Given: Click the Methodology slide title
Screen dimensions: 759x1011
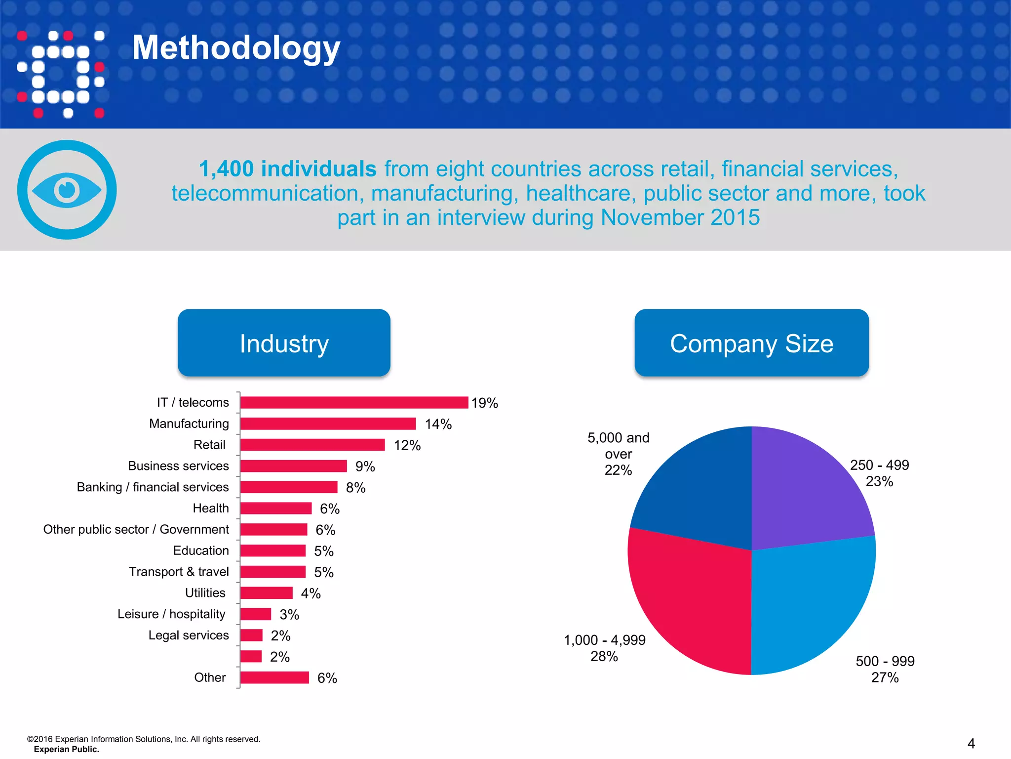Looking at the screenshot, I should (236, 48).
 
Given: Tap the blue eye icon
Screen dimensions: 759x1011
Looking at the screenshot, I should (67, 190).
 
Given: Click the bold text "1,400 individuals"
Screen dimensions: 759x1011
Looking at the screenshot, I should (288, 169).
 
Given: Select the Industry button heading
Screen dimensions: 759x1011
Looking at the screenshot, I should (284, 343).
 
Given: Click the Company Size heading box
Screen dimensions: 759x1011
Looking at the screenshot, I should (751, 343).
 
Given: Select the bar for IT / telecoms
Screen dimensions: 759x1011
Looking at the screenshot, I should (354, 402).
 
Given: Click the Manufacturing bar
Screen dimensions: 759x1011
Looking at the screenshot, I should (328, 423).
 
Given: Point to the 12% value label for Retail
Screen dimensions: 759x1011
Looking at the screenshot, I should (407, 445).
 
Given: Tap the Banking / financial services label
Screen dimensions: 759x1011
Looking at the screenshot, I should (153, 487).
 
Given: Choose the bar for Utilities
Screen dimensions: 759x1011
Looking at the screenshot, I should (266, 593).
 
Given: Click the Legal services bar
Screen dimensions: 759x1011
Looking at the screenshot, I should (251, 635).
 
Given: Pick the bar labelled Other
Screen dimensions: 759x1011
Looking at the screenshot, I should (274, 677).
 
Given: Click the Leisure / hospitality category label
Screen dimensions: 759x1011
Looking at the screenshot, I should (171, 614).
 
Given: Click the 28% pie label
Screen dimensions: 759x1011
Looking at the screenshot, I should (604, 656).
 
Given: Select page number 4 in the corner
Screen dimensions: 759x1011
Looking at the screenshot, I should (971, 743).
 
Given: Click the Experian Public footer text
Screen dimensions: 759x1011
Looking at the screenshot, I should (66, 749).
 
